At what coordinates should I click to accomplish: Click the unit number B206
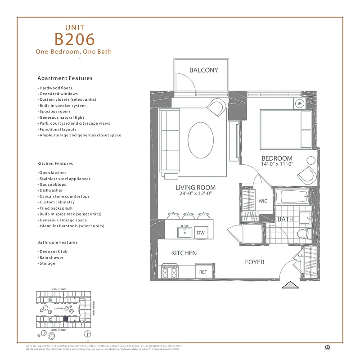point(75,39)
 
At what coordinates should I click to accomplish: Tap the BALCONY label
point(203,70)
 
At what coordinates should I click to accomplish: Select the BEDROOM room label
point(277,158)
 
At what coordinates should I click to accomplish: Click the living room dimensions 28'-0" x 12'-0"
point(195,194)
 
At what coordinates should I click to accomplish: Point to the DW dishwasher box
point(201,233)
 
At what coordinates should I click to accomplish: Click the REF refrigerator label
point(203,272)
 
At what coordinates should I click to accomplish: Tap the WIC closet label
point(263,201)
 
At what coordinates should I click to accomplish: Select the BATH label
point(285,219)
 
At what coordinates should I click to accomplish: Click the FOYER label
point(254,262)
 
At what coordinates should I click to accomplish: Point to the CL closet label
point(301,256)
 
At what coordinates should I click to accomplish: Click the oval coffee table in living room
point(201,140)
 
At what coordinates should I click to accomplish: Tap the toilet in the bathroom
point(303,234)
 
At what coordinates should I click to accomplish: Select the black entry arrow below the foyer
point(290,285)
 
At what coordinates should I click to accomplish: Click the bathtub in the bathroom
point(292,197)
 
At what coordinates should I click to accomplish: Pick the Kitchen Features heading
point(55,164)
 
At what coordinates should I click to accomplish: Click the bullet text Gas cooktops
point(53,184)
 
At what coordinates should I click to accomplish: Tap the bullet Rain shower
point(51,257)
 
